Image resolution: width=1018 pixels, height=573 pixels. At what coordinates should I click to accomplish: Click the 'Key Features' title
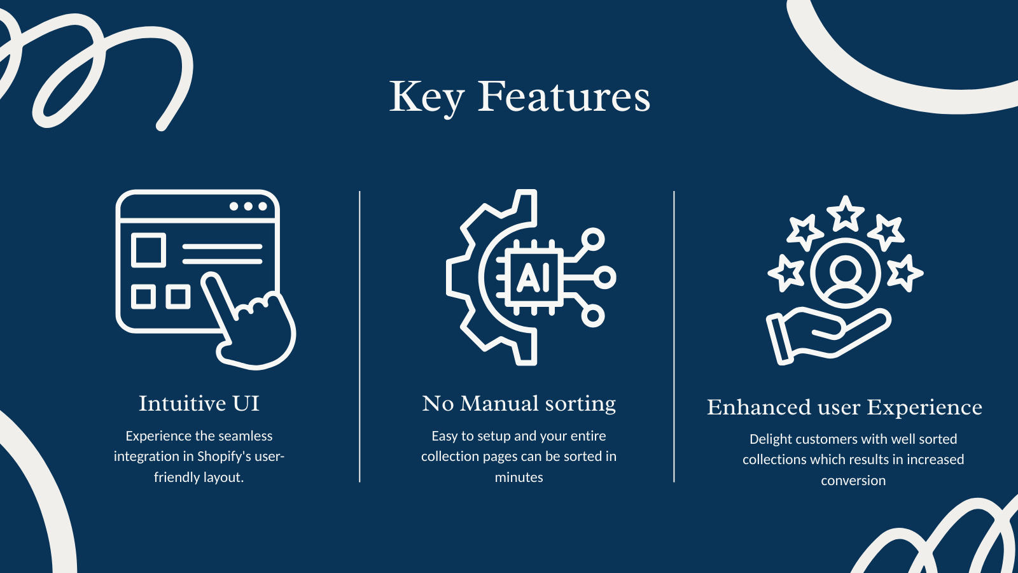click(520, 97)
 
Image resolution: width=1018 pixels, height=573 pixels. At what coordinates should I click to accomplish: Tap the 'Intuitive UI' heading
click(199, 404)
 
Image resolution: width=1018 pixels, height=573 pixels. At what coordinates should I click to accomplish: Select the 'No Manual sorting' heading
click(519, 404)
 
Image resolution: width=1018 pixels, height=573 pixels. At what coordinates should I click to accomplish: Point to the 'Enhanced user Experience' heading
click(844, 407)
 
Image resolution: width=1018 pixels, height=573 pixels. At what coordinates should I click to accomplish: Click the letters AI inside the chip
click(534, 278)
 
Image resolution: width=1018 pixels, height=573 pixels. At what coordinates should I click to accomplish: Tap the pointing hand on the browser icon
click(248, 321)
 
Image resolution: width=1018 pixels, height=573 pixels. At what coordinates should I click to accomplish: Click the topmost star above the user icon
click(846, 213)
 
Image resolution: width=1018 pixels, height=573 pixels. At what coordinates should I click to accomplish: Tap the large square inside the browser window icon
click(149, 250)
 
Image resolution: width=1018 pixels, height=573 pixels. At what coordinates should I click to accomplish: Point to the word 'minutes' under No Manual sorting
click(519, 477)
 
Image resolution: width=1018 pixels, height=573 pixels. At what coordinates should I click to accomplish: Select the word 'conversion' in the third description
click(853, 480)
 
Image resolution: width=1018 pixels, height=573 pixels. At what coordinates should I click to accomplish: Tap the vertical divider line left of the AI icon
click(359, 337)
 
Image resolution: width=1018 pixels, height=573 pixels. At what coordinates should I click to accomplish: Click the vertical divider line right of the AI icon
click(674, 337)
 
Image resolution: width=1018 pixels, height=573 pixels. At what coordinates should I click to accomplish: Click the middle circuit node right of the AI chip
click(605, 278)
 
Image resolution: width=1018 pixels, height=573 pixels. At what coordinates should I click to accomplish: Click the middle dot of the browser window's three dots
click(248, 206)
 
